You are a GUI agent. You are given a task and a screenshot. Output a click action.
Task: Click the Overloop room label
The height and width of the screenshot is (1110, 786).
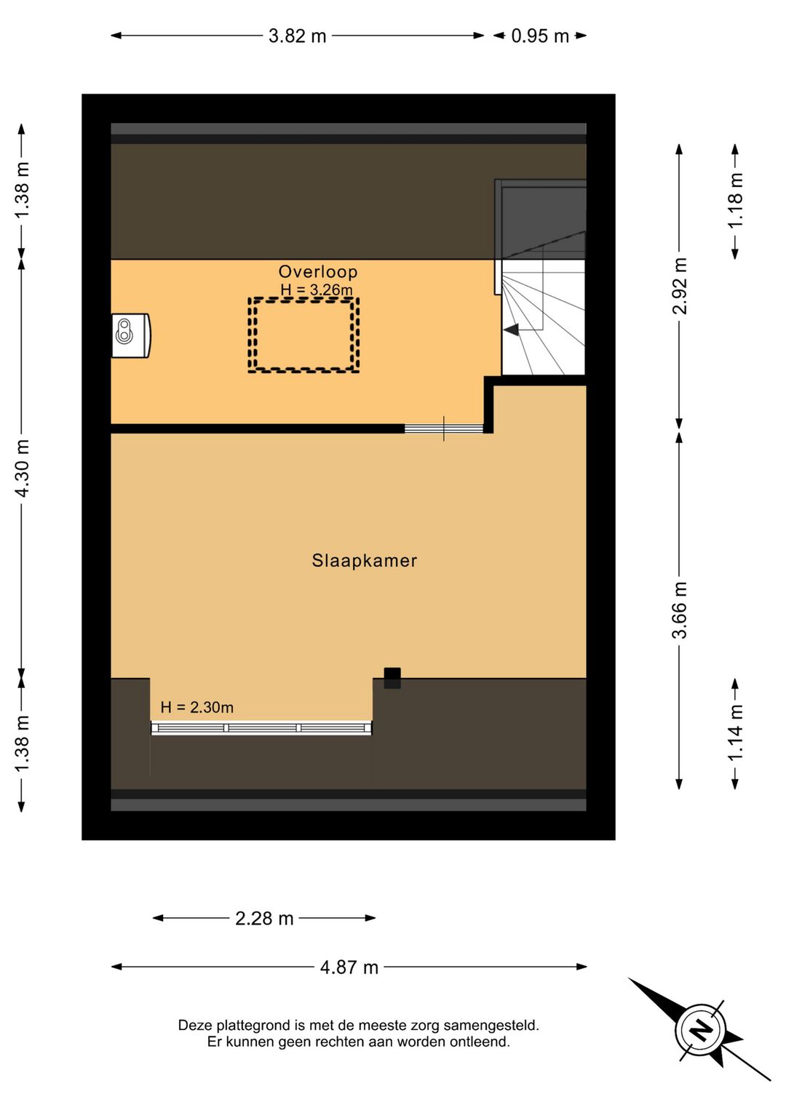coord(318,271)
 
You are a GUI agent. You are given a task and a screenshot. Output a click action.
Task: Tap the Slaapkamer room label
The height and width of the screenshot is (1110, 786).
coord(365,560)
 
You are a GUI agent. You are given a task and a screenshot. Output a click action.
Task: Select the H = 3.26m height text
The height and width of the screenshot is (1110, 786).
coord(317,290)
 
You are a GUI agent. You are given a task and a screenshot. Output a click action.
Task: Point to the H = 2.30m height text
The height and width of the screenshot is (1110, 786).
coord(197,707)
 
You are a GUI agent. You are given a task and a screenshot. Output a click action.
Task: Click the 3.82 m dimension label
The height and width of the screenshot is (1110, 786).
coord(298,36)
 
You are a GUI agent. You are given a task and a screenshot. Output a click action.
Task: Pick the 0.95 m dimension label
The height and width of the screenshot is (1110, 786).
coord(540,36)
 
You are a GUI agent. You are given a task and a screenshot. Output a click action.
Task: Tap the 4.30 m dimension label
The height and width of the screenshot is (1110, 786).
coord(23,468)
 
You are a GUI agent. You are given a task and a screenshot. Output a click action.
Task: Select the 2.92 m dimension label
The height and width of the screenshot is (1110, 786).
coord(680,286)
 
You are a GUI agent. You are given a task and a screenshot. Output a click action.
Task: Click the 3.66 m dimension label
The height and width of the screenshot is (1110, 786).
coord(680,610)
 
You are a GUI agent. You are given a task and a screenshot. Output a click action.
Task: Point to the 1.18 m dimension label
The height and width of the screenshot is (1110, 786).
coord(735,200)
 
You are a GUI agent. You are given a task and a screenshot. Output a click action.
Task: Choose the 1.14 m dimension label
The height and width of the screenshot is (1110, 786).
coord(735,733)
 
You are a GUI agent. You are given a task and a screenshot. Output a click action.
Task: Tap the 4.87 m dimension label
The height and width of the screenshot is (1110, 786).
coord(349,967)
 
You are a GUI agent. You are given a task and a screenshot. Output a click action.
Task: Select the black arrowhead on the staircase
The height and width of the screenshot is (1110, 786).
coord(512,330)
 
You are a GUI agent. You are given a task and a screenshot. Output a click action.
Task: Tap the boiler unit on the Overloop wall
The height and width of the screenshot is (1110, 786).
coord(131,335)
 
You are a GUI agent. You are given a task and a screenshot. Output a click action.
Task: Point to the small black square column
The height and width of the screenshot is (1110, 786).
coord(392,678)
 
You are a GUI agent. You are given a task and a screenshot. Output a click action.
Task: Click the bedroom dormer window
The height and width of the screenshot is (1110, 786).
coord(261,728)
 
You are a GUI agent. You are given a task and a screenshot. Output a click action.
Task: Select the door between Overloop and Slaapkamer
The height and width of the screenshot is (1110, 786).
coord(444,428)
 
